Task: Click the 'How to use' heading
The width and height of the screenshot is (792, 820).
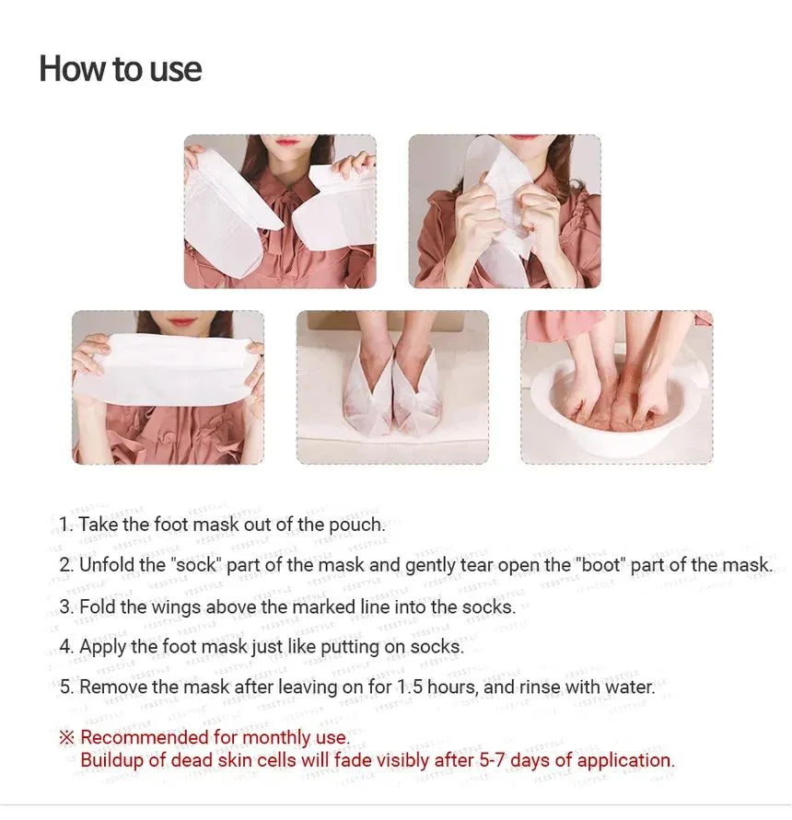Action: point(121,69)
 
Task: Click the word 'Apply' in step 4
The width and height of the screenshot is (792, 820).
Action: point(102,647)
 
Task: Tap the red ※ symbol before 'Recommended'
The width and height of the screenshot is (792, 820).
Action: point(67,738)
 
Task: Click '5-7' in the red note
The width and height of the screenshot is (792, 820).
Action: point(493,760)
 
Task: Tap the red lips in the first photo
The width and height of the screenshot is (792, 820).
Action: point(286,140)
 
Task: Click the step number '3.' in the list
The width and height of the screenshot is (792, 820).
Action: point(66,607)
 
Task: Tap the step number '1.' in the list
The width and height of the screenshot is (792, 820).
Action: point(66,525)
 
